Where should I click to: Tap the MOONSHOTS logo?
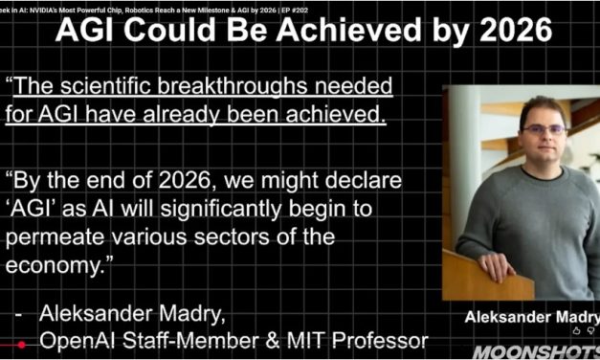point(536,351)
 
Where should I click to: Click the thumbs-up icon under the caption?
point(576,330)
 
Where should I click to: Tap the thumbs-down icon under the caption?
point(592,330)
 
